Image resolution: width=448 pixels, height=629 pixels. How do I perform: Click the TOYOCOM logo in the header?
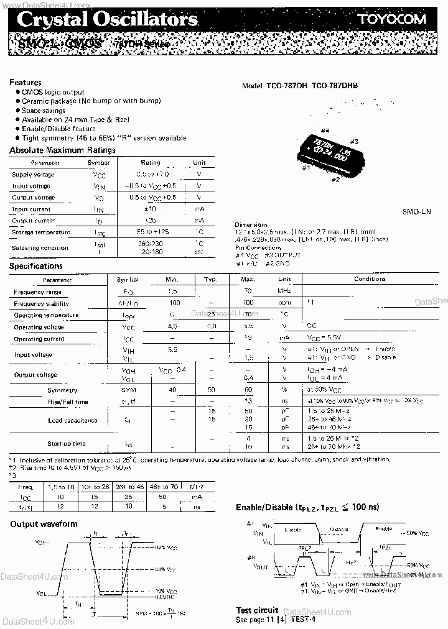[391, 19]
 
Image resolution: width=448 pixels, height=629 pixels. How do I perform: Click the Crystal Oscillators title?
[107, 19]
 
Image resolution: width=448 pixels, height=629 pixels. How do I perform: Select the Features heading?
[26, 82]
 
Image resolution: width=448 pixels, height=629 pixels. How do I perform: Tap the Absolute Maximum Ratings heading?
[62, 150]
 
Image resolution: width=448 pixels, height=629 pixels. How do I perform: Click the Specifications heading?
[36, 266]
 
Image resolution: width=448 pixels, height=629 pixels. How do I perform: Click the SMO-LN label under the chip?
[418, 212]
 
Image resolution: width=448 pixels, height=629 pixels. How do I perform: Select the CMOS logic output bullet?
[52, 92]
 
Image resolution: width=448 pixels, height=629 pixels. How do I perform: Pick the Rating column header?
[151, 163]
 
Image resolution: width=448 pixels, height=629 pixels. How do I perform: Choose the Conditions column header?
[370, 279]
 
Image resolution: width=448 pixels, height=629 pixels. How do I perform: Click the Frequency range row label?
[37, 292]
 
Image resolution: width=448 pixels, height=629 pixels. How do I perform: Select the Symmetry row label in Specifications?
[62, 390]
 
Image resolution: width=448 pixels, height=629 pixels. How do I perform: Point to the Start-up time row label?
[67, 444]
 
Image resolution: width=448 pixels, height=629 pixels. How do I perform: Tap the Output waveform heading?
[44, 524]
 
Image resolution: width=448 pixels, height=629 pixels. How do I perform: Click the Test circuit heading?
[256, 610]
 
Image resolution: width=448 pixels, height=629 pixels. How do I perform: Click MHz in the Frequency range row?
[284, 291]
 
